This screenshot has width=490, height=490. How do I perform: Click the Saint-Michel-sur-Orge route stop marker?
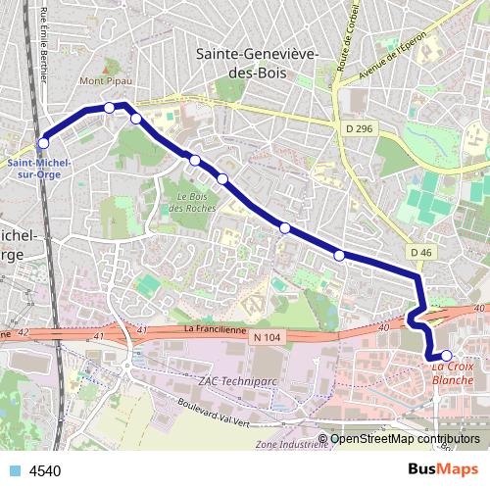[43, 143]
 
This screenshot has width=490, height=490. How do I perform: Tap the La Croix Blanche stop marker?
[446, 356]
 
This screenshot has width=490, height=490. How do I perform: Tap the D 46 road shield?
[421, 252]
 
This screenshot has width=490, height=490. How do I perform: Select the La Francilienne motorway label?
[213, 329]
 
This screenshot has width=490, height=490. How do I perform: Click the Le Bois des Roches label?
[195, 202]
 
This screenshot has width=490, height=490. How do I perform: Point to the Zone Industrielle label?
[290, 444]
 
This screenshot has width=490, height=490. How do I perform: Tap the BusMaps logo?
[445, 470]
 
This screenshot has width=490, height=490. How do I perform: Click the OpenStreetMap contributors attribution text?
[404, 438]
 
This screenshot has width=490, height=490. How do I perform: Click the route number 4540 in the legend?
[46, 471]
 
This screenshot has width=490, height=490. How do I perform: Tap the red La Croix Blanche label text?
[452, 373]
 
